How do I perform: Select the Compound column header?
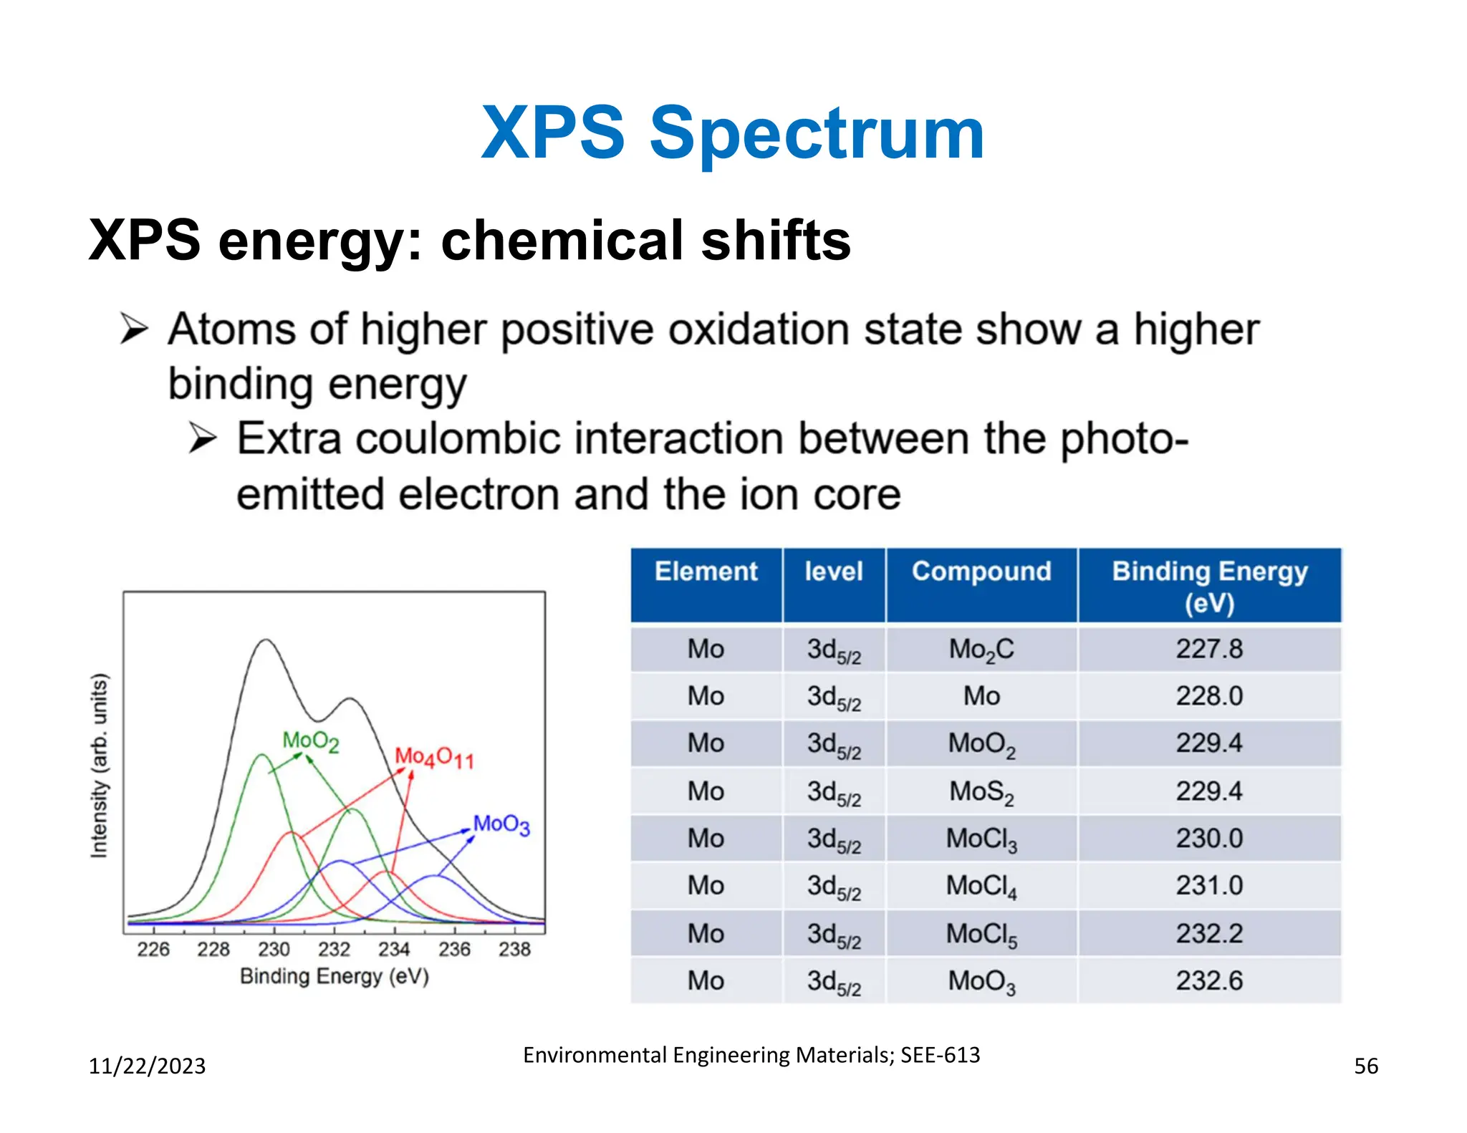[x=981, y=572]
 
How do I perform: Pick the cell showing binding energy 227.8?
[x=1209, y=649]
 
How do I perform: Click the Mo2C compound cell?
[x=981, y=650]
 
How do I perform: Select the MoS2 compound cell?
[x=981, y=791]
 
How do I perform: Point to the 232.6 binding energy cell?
[x=1209, y=980]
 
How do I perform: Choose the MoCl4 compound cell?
[x=981, y=886]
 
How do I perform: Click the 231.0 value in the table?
[x=1209, y=886]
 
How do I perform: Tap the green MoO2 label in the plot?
[x=310, y=741]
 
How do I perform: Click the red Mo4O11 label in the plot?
[x=434, y=758]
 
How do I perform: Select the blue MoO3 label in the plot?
[x=501, y=824]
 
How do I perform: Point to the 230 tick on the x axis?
[x=274, y=950]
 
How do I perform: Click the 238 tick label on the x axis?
[x=514, y=950]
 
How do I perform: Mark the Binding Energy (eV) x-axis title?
[x=334, y=977]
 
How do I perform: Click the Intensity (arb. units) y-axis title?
[x=100, y=765]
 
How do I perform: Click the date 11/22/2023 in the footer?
[x=147, y=1066]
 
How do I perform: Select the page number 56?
[x=1365, y=1066]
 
